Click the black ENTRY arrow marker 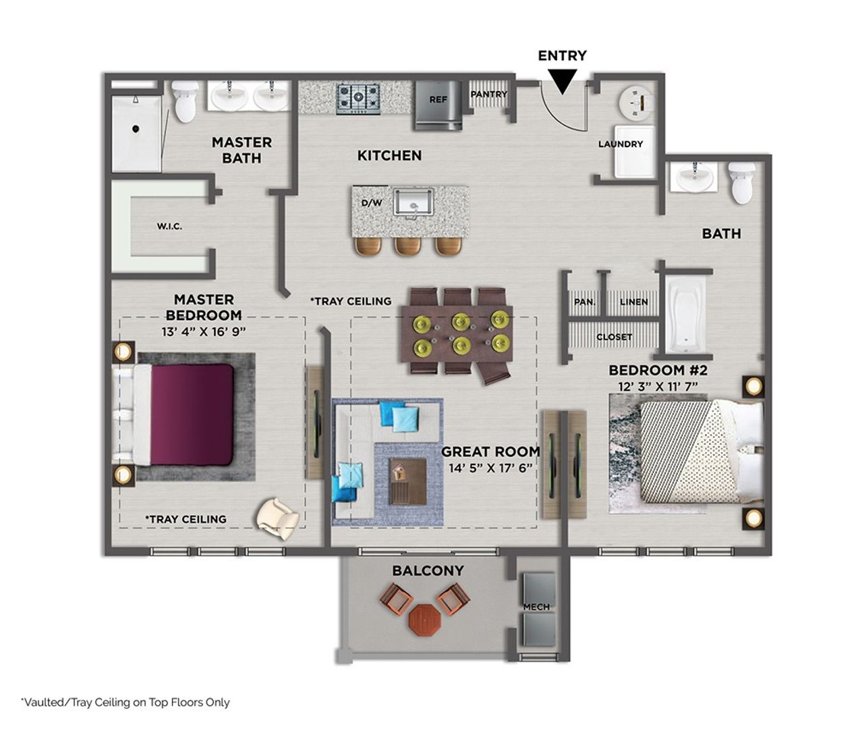(x=562, y=81)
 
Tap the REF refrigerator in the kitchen (x=438, y=104)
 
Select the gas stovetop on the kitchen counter (x=358, y=99)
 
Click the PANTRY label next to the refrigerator (x=488, y=94)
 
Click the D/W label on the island (x=372, y=202)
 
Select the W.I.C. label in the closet (x=169, y=226)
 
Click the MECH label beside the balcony (x=536, y=607)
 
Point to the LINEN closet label (x=633, y=302)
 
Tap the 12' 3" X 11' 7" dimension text (x=658, y=386)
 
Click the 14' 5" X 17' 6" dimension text (x=490, y=468)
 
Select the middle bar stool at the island (x=408, y=246)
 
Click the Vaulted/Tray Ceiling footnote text (x=125, y=702)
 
